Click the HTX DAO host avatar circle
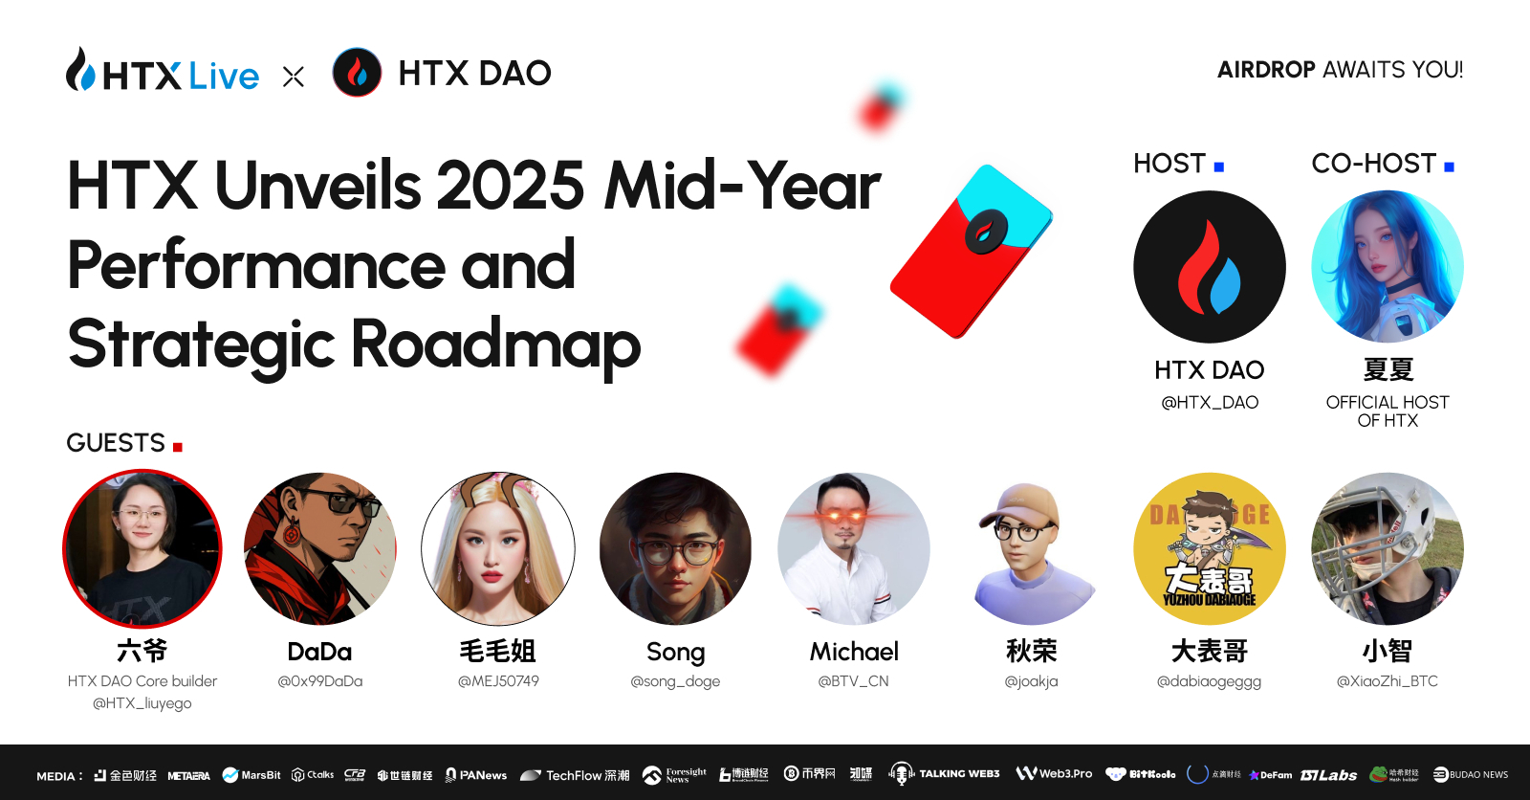(1209, 267)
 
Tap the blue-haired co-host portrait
(1387, 267)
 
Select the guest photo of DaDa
(320, 548)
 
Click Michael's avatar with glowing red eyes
(854, 548)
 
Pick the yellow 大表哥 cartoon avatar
(1209, 548)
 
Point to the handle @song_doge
(675, 681)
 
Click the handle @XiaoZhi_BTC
(1387, 681)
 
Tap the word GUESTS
(116, 443)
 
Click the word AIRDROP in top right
(1266, 70)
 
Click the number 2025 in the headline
(510, 186)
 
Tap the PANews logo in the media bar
(476, 775)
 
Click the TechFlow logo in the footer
(575, 775)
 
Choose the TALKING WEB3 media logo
(945, 774)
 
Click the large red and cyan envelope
(970, 252)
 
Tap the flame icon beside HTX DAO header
(357, 73)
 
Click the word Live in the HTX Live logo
(224, 76)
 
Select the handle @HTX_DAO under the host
(1209, 403)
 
